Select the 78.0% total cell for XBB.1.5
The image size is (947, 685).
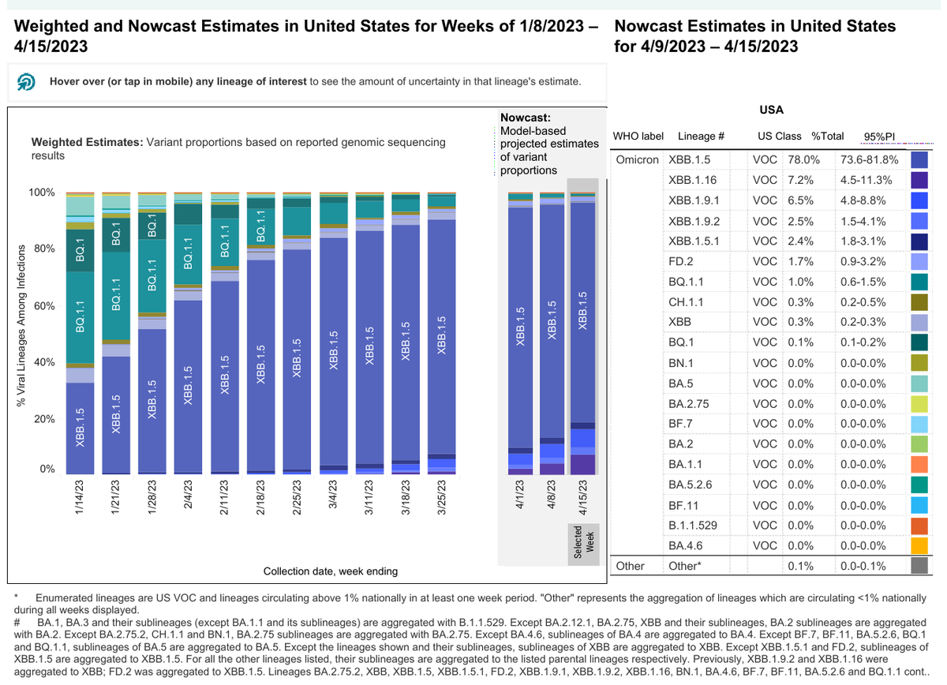[x=804, y=159]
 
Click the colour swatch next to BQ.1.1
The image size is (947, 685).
[x=919, y=282]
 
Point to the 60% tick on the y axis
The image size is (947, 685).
[x=43, y=305]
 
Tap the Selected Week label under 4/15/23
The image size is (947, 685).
[x=583, y=543]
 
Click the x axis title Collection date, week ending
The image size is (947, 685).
[x=330, y=571]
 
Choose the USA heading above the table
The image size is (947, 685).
[x=770, y=110]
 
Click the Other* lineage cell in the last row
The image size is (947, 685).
[x=685, y=566]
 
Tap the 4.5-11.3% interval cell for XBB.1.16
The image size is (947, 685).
[x=867, y=179]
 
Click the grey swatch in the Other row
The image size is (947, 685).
[x=919, y=566]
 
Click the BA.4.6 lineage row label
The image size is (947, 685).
[x=685, y=545]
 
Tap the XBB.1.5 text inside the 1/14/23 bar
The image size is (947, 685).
[x=80, y=428]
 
